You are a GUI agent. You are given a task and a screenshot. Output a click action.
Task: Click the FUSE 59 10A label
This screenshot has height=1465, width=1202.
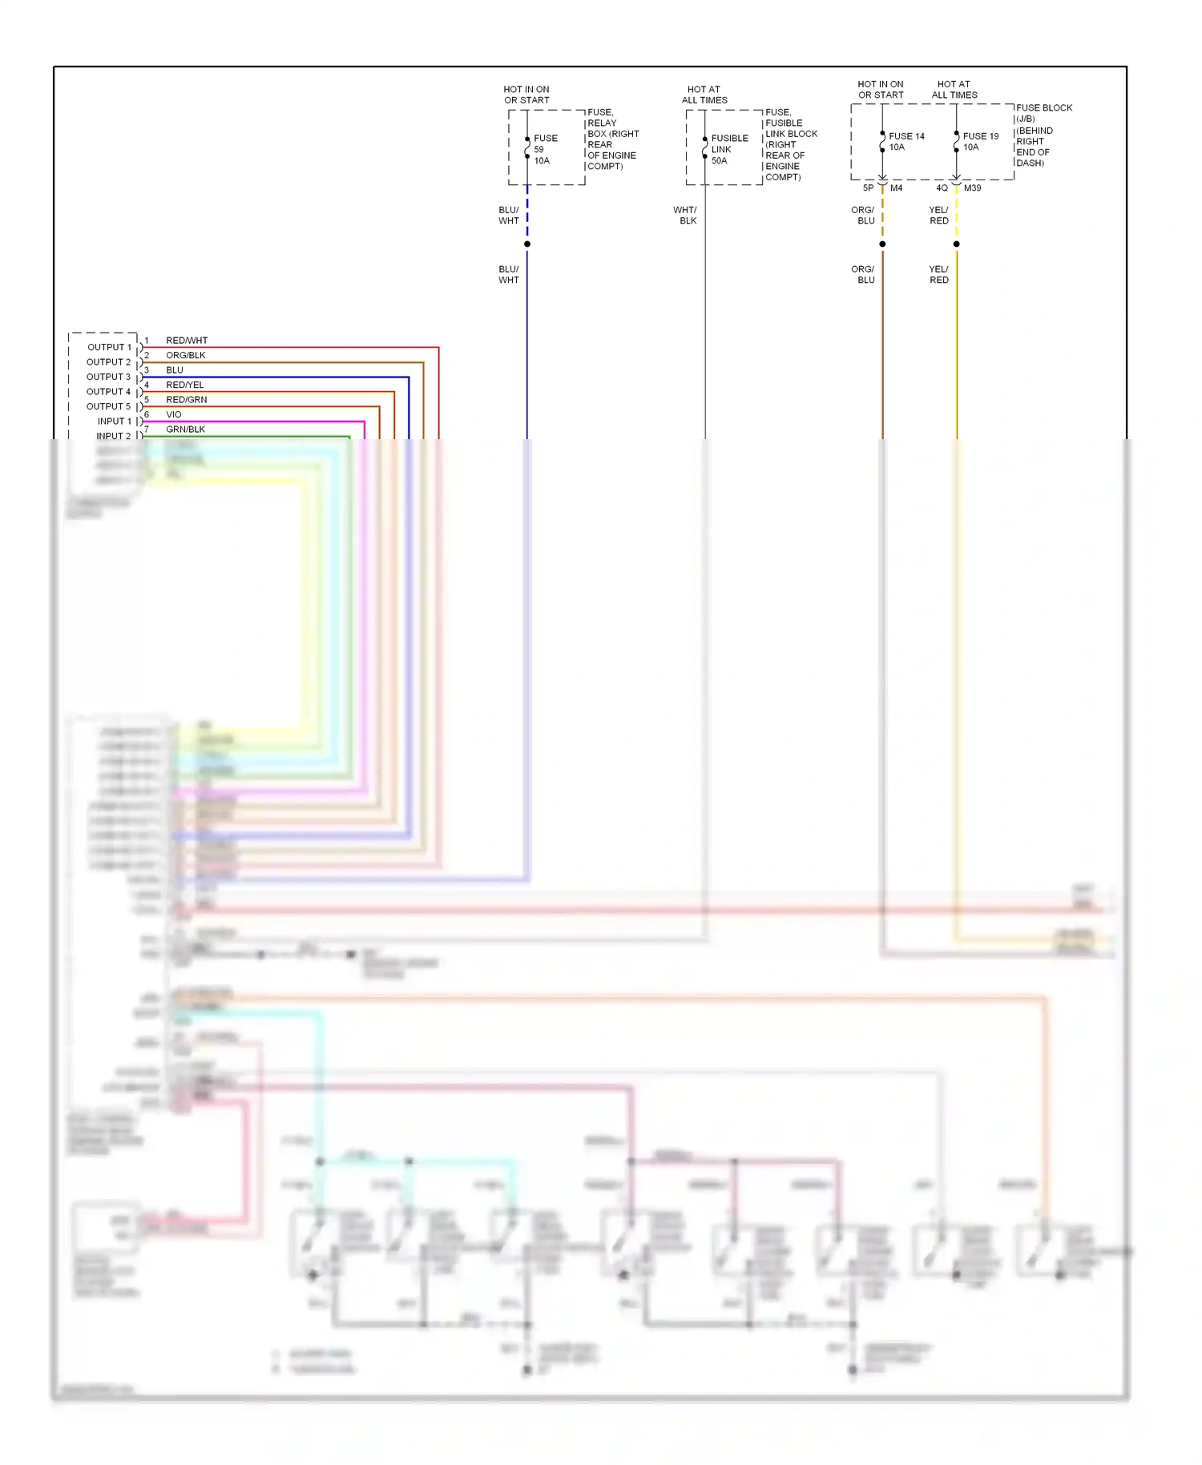point(545,149)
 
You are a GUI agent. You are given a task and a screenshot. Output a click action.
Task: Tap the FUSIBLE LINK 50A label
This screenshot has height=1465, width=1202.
point(729,149)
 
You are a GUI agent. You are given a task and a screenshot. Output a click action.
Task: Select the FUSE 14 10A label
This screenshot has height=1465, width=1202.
point(906,141)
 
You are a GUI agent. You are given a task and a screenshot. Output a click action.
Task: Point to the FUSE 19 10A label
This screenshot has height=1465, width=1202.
point(980,141)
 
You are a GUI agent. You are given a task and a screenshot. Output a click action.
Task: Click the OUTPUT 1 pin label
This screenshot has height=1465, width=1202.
point(109,347)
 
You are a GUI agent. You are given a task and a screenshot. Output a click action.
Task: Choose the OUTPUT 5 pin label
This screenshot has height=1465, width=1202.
point(108,406)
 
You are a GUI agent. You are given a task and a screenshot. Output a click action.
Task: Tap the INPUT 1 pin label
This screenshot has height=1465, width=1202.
point(114,421)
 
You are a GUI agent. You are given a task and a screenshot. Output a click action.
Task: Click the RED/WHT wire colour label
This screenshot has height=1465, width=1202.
point(187,341)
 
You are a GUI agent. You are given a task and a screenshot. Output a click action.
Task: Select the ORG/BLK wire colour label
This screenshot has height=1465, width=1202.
point(186,355)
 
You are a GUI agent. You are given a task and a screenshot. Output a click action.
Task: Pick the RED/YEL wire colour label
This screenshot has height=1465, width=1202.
point(185,385)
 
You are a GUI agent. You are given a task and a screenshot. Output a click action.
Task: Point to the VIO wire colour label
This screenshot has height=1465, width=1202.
point(174,414)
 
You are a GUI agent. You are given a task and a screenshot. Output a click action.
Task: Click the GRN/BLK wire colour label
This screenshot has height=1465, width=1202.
point(186,429)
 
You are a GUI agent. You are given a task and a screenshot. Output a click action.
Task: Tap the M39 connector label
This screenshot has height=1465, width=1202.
point(972,188)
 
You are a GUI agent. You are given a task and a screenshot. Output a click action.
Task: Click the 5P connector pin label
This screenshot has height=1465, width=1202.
point(868,188)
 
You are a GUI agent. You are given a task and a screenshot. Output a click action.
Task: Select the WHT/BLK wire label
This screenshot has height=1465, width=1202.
point(686,215)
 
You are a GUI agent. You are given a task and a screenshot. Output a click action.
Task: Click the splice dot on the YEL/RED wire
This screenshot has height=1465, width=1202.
point(956,244)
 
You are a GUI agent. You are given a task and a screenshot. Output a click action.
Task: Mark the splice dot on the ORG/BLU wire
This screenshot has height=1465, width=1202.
point(882,244)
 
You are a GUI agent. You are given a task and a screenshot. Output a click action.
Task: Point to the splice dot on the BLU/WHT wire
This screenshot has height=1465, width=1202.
point(527,244)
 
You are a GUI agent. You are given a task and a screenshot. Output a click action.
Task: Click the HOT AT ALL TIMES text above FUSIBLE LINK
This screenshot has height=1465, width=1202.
point(704,95)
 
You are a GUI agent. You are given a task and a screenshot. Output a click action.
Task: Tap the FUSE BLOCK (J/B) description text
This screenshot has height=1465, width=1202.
point(1043,135)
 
